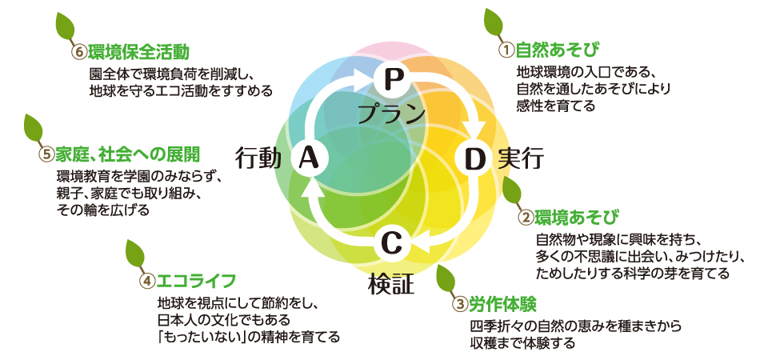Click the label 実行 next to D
[x=521, y=158]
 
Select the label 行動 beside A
[x=258, y=158]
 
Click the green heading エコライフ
[x=196, y=281]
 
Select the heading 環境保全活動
[x=139, y=53]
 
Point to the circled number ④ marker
[x=147, y=282]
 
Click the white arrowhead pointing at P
[x=363, y=78]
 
